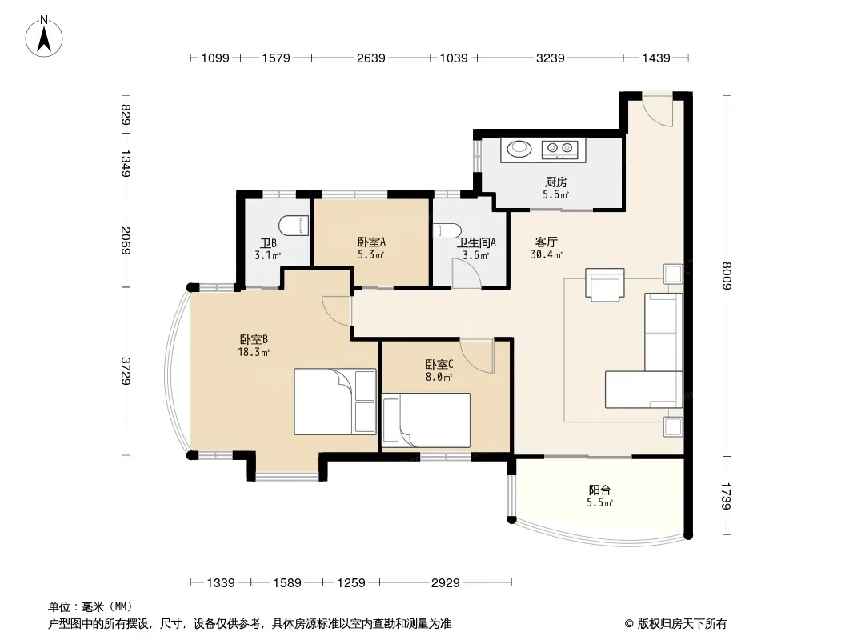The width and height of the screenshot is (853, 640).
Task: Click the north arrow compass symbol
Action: click(x=44, y=37)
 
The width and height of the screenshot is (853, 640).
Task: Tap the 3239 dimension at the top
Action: click(x=550, y=58)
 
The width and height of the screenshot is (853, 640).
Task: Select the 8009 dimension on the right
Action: click(x=727, y=276)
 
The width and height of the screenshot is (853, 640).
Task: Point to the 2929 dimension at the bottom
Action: click(x=446, y=583)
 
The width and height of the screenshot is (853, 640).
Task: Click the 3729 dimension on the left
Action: click(x=126, y=371)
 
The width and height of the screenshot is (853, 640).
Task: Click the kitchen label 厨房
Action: click(x=556, y=182)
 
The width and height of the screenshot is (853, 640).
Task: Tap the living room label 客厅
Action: click(x=547, y=242)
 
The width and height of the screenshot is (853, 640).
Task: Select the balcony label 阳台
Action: click(x=599, y=490)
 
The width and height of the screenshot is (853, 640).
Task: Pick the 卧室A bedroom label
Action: click(x=371, y=242)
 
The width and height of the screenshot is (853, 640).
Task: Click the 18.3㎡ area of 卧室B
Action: click(x=254, y=352)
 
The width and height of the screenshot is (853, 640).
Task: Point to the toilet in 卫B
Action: click(x=294, y=225)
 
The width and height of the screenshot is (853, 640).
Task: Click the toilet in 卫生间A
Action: click(x=447, y=230)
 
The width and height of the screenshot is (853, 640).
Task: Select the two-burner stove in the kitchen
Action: click(x=560, y=148)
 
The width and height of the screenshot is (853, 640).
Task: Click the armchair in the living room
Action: click(x=604, y=284)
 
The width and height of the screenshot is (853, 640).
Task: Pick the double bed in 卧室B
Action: click(x=335, y=402)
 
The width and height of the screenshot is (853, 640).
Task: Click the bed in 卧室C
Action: click(x=426, y=420)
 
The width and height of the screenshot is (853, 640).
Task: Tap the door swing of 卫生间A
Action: click(x=465, y=273)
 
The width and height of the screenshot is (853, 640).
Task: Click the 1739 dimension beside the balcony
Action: click(x=727, y=496)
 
